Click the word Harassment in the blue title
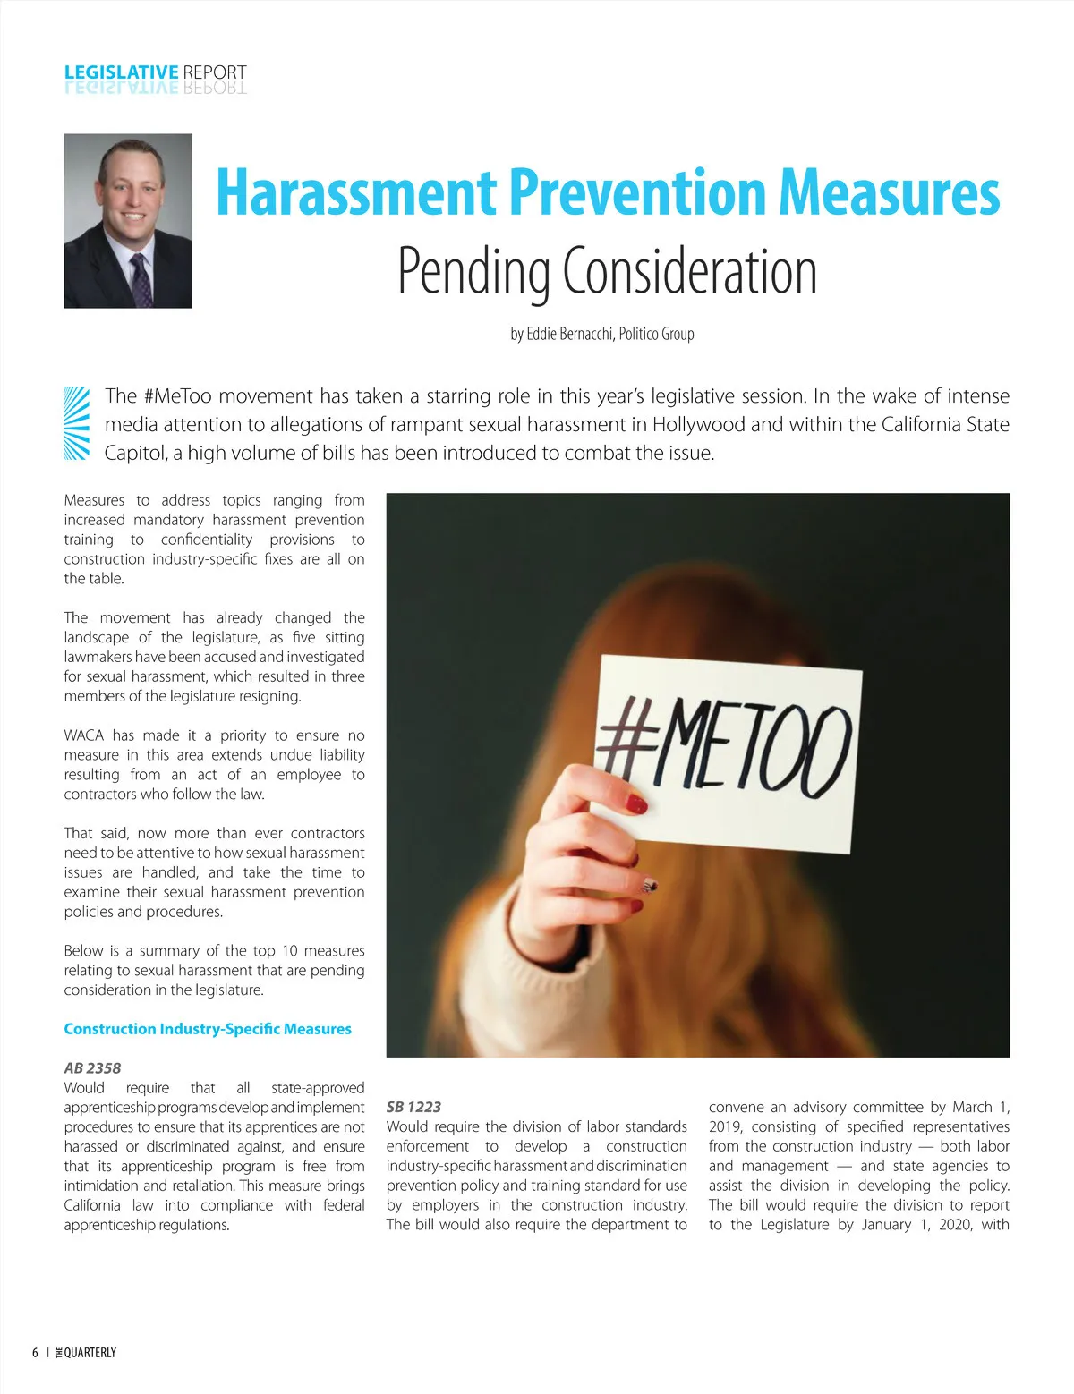click(x=357, y=192)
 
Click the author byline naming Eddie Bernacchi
click(x=602, y=334)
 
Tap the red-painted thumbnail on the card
click(x=636, y=803)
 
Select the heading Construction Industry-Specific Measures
click(x=208, y=1029)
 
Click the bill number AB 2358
click(x=92, y=1067)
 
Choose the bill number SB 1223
click(x=413, y=1107)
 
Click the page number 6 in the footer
click(x=35, y=1353)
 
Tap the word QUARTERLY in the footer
click(x=90, y=1353)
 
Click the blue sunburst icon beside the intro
click(x=77, y=423)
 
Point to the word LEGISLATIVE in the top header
click(x=121, y=72)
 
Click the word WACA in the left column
click(x=86, y=735)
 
